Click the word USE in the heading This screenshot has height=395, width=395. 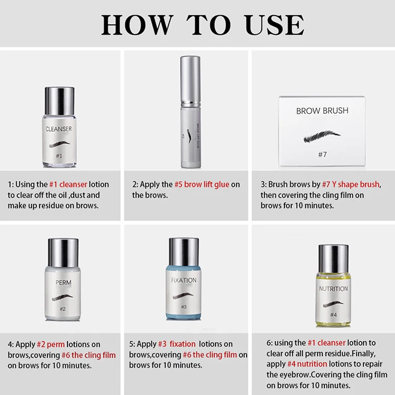click(274, 25)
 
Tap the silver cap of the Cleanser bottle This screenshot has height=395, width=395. click(60, 101)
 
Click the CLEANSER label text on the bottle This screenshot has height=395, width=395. click(58, 129)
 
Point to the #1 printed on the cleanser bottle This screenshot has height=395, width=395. click(59, 156)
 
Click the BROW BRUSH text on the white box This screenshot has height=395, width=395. click(322, 111)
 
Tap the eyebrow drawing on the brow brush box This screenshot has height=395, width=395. click(322, 136)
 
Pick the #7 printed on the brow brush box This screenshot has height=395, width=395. click(322, 154)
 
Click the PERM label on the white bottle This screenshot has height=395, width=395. click(63, 283)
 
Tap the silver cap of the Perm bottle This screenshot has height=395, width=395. click(63, 253)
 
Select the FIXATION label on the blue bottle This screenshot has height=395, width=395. click(184, 280)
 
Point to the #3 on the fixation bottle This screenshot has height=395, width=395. click(184, 307)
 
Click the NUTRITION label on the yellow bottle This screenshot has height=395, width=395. click(333, 289)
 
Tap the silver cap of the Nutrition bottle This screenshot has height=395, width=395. click(333, 259)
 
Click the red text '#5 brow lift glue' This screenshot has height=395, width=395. click(202, 184)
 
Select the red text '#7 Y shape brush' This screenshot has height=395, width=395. click(351, 184)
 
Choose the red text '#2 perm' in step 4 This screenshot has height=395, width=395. click(51, 344)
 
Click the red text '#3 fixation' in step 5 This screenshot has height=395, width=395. click(177, 344)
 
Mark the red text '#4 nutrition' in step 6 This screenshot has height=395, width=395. click(307, 364)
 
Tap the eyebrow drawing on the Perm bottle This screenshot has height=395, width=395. click(63, 298)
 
